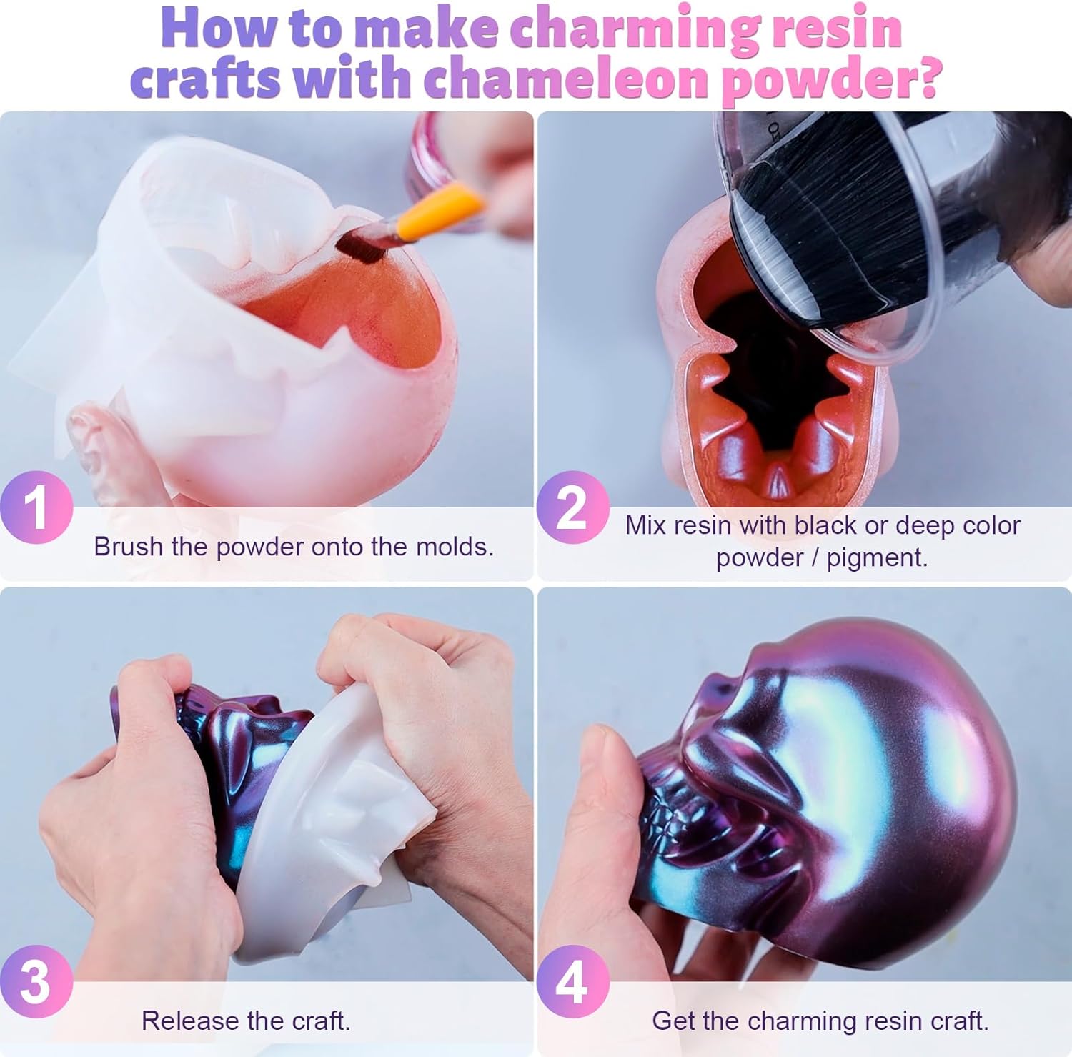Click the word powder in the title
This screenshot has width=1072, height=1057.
point(829,80)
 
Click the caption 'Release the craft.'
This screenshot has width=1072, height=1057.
point(246,1021)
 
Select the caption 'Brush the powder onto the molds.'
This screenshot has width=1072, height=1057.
point(293,547)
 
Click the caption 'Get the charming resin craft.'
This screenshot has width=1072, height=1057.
point(820,1021)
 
